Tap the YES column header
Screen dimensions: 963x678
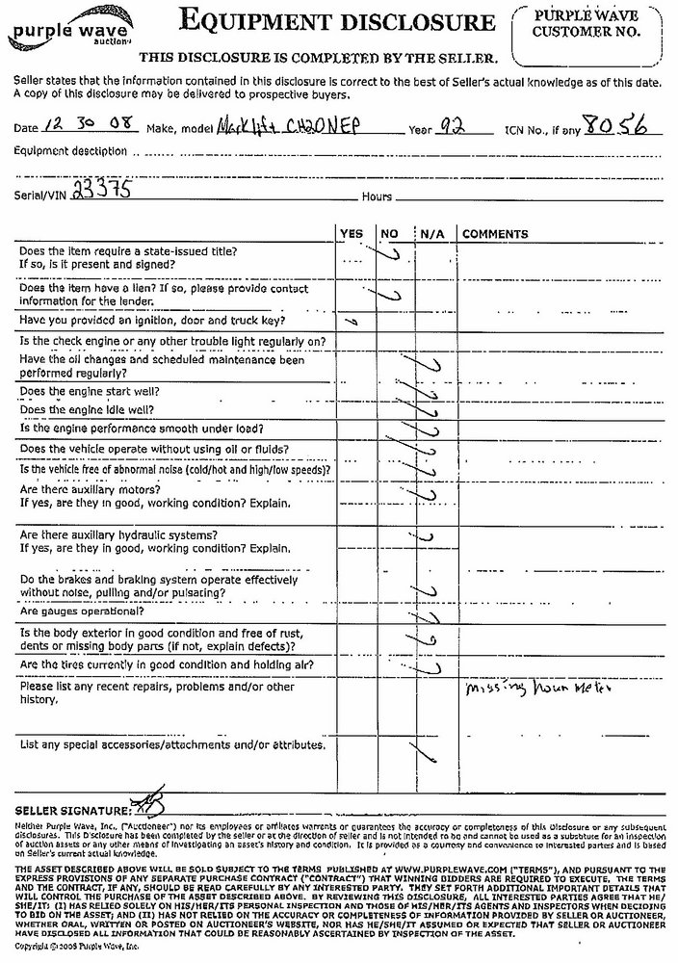[352, 234]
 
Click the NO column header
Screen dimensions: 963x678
[389, 234]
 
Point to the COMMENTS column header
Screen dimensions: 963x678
[495, 234]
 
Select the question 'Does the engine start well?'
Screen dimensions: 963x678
[90, 392]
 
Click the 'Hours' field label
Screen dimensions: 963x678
[377, 196]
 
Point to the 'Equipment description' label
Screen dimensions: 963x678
[70, 151]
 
